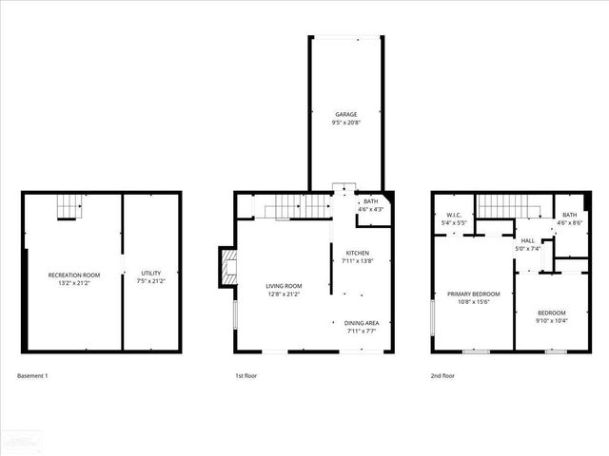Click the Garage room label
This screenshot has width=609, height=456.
(344, 114)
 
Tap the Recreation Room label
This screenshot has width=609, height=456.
(74, 275)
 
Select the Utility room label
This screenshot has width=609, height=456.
(151, 274)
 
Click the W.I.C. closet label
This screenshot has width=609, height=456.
(454, 215)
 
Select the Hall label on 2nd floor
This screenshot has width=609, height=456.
(527, 241)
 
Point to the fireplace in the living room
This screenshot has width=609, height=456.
(226, 268)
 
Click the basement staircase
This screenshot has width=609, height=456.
(65, 205)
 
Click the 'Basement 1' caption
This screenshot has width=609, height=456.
(32, 375)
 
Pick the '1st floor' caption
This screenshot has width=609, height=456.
(246, 375)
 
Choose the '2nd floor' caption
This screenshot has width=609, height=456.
(442, 375)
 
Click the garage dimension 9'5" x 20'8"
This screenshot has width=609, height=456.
(344, 123)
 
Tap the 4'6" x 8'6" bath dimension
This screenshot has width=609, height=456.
(569, 223)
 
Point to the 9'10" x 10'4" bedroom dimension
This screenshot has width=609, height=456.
(551, 321)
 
